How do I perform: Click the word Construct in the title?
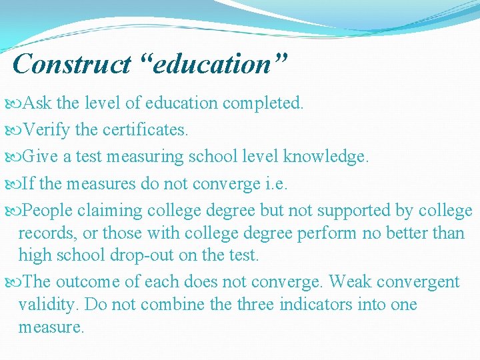tap(71, 64)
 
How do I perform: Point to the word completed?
tap(263, 103)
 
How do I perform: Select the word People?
tap(48, 211)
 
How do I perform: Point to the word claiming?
tap(110, 211)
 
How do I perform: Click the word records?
tap(45, 233)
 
